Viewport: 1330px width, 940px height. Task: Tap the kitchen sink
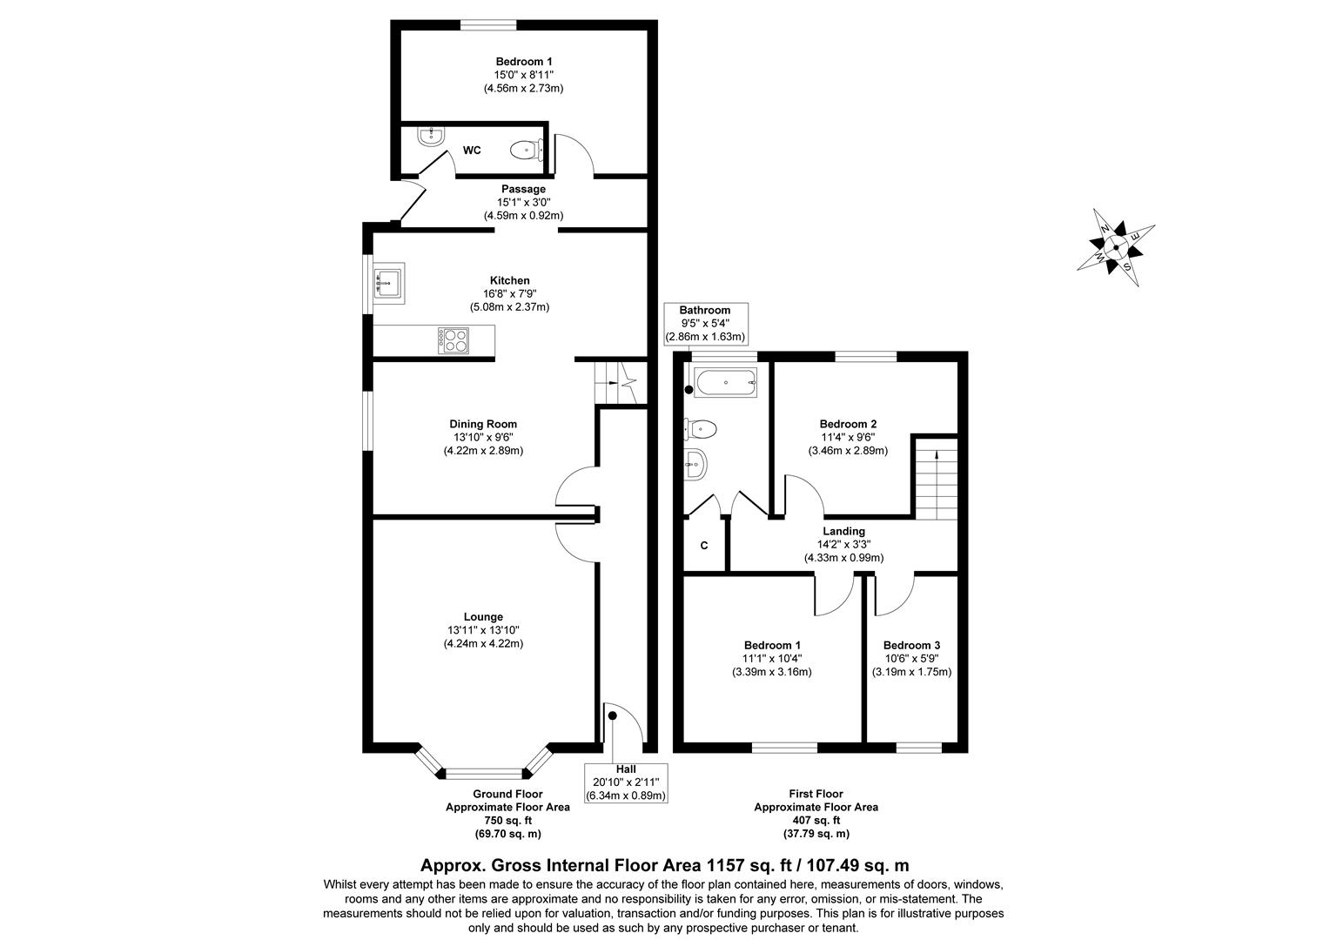(388, 282)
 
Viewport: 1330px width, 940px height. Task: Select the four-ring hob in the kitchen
(453, 339)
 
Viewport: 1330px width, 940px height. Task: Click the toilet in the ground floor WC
(525, 150)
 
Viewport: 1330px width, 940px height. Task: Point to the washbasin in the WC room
(430, 136)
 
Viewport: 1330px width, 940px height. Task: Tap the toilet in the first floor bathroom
(702, 427)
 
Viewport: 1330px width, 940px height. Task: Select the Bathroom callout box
(705, 323)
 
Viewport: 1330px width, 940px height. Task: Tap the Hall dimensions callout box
(625, 782)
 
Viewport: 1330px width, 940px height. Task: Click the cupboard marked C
(704, 546)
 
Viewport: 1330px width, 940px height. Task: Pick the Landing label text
(843, 531)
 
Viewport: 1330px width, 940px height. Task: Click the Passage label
(523, 189)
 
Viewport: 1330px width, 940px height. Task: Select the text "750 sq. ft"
(507, 820)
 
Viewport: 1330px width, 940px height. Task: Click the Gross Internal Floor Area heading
(664, 865)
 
